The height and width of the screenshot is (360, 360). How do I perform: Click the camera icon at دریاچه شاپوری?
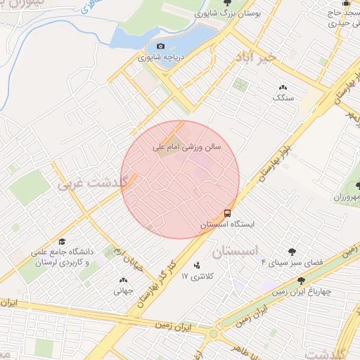point(160,46)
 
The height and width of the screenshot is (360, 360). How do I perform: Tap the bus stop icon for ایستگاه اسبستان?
point(229,212)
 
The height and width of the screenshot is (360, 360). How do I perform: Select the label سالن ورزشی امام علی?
point(188,148)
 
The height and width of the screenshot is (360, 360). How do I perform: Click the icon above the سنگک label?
point(283,86)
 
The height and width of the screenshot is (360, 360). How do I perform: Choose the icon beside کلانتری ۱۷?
point(196,266)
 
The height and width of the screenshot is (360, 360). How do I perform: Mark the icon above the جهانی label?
point(124,280)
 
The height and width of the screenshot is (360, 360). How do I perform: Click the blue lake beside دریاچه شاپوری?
point(137,39)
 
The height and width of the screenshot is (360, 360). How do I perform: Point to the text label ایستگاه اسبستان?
point(227,224)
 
